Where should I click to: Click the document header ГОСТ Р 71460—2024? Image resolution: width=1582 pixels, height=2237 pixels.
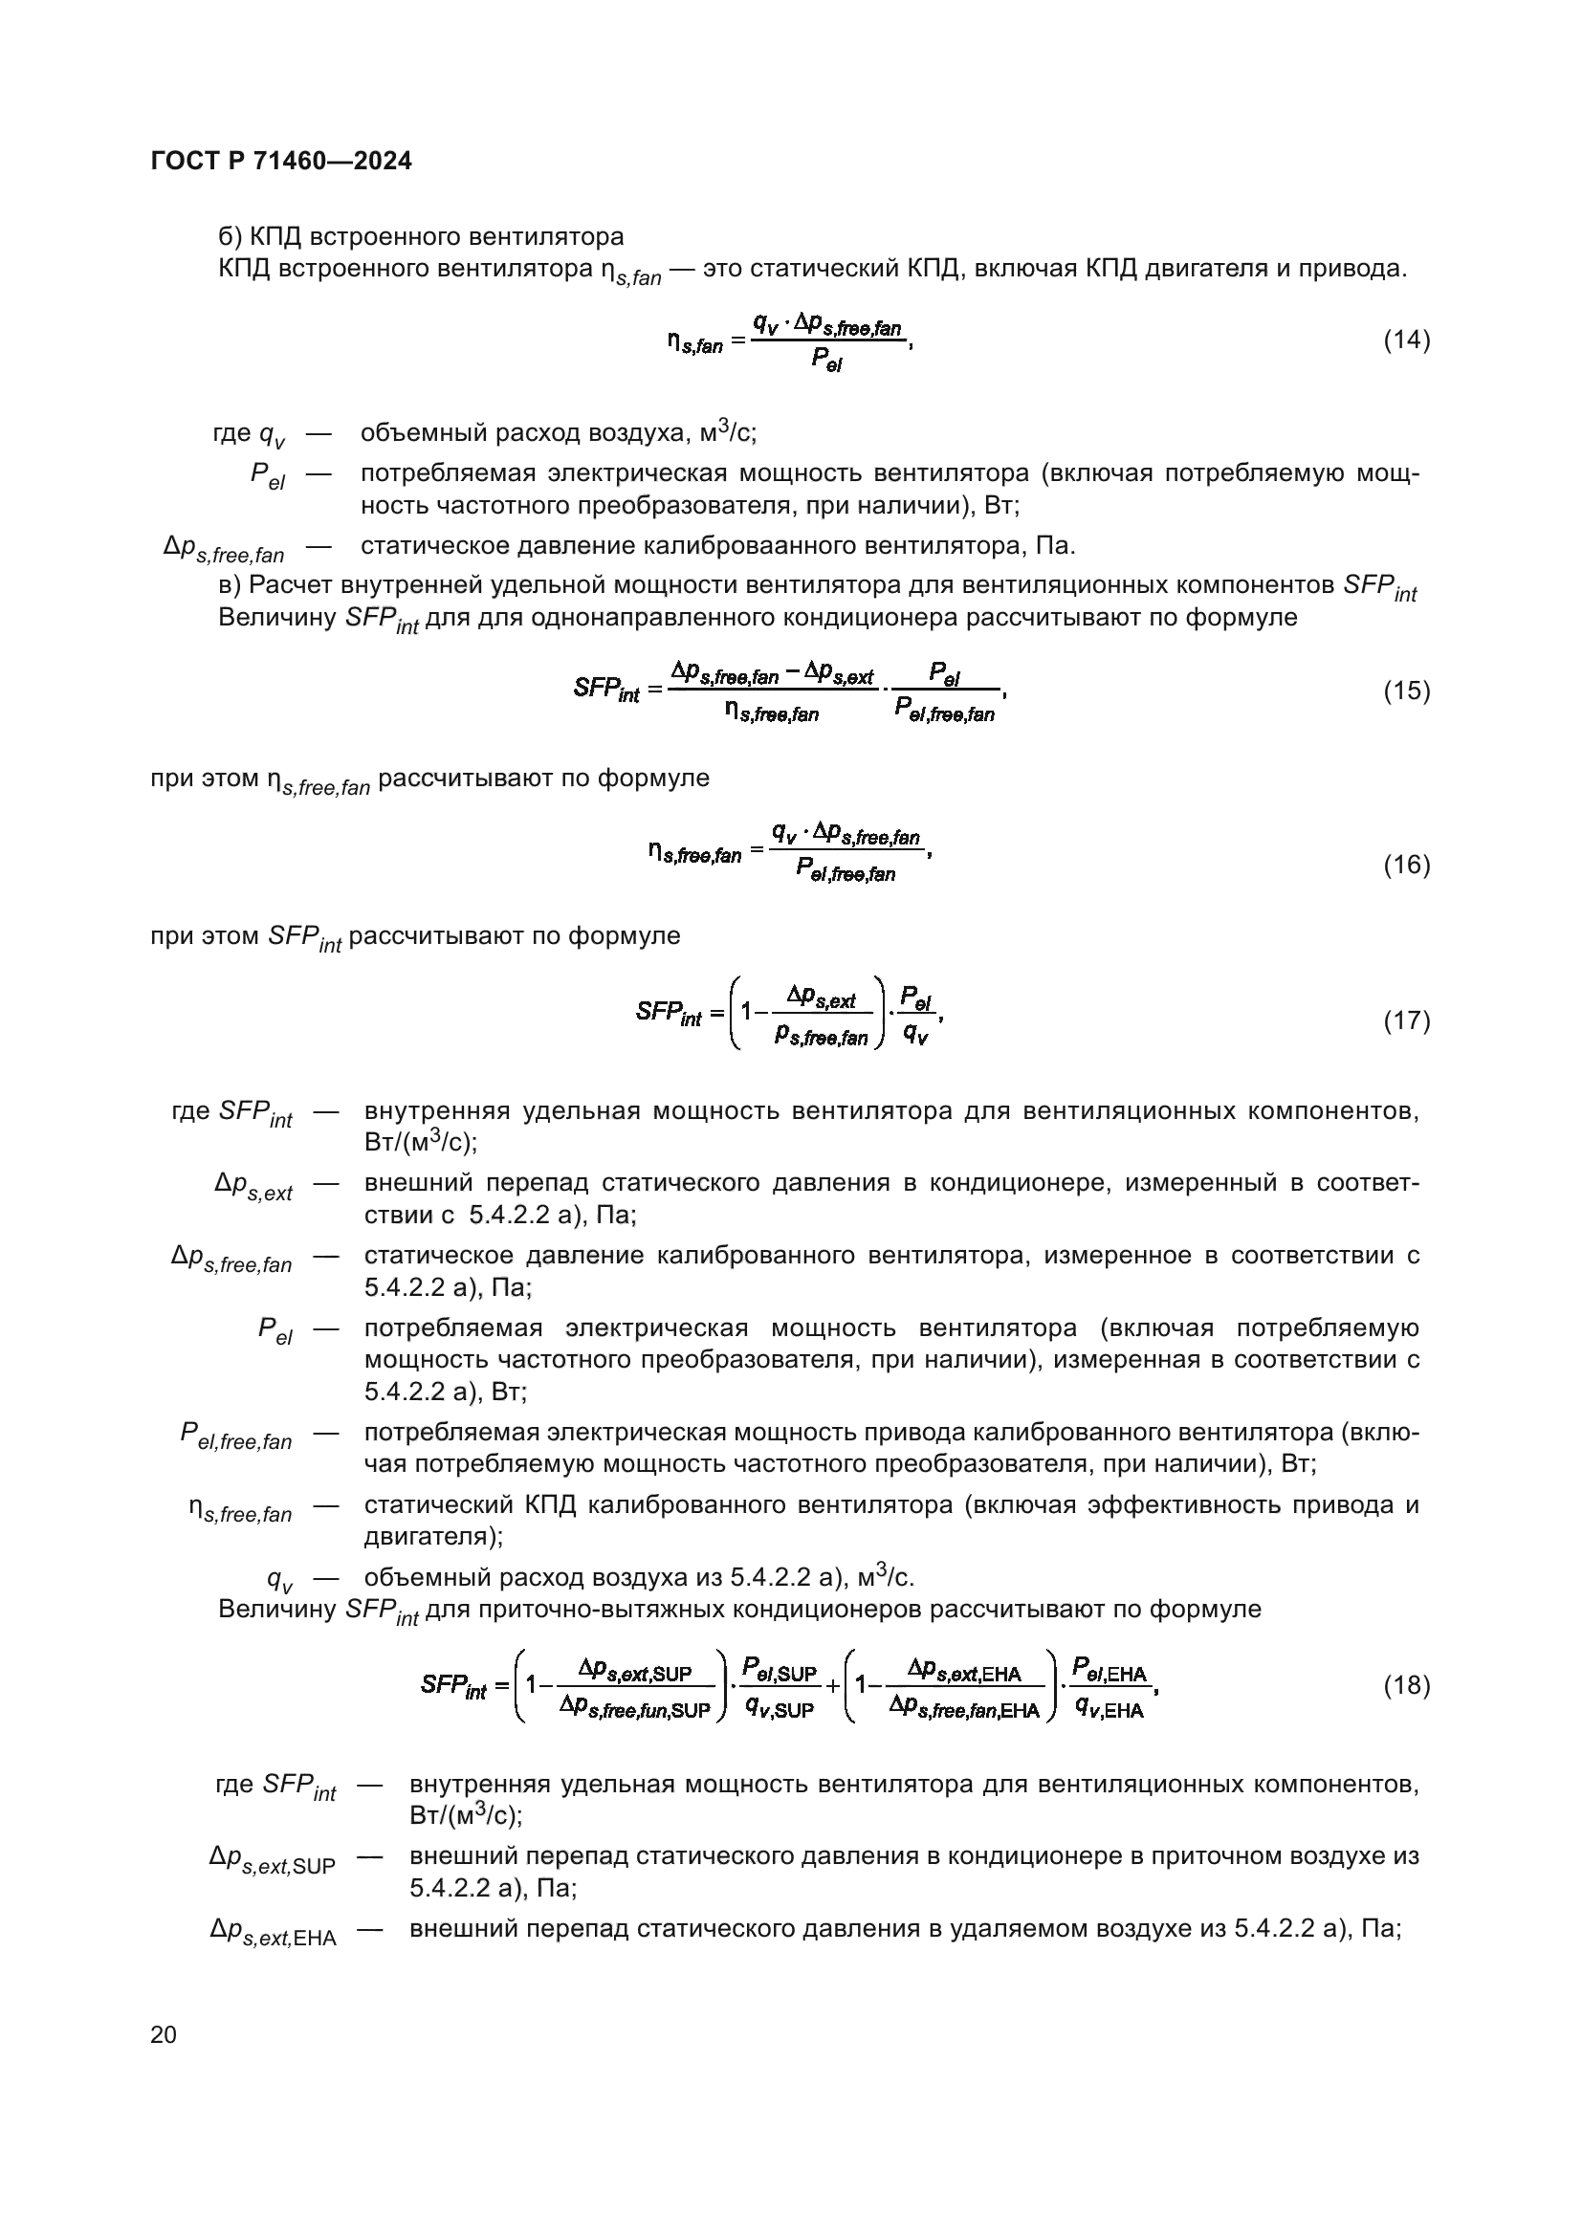pyautogui.click(x=281, y=162)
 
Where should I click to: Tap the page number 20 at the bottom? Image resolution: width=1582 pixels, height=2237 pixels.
pyautogui.click(x=164, y=2034)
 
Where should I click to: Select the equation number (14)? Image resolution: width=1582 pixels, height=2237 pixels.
pyautogui.click(x=1407, y=340)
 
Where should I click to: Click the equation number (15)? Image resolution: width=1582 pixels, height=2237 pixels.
pyautogui.click(x=1407, y=691)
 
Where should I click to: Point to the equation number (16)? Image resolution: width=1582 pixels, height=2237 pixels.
pyautogui.click(x=1407, y=865)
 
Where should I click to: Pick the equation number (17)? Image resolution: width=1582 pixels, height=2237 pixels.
pyautogui.click(x=1407, y=1020)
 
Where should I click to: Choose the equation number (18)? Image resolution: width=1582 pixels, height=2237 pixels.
pyautogui.click(x=1407, y=1684)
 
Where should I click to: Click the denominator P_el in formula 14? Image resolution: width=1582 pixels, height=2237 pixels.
pyautogui.click(x=826, y=362)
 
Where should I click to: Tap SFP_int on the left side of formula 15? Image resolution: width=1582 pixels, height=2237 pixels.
pyautogui.click(x=605, y=690)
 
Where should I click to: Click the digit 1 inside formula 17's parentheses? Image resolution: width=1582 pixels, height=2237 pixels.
pyautogui.click(x=747, y=1011)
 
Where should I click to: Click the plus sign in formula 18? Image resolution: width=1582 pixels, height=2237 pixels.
pyautogui.click(x=834, y=1684)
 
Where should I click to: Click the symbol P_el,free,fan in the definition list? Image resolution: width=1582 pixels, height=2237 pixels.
pyautogui.click(x=235, y=1436)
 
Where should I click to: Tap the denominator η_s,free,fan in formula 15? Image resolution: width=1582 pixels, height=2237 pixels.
pyautogui.click(x=772, y=713)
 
